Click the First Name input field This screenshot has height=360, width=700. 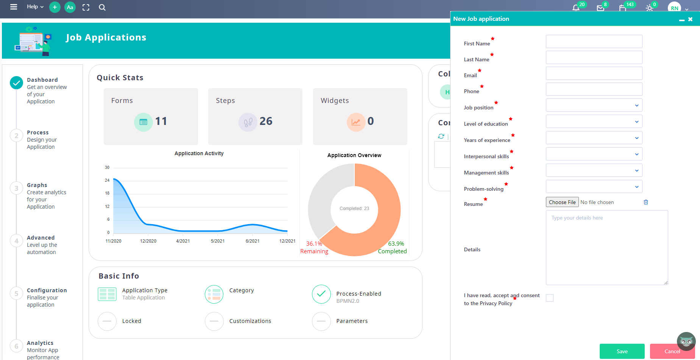pos(594,42)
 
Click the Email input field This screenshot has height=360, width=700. pos(594,73)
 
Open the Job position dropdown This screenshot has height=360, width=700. pos(594,105)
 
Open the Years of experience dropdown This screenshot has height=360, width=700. pos(594,138)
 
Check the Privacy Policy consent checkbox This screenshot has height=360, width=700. pos(550,298)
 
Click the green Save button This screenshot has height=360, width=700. pos(622,351)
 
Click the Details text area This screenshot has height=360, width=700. pos(606,248)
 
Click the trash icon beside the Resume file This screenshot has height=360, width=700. pos(646,202)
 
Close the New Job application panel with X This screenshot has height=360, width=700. pos(690,19)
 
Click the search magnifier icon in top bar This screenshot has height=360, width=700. pos(102,7)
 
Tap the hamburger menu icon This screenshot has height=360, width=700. pos(14,7)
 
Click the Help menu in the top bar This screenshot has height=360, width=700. pos(35,7)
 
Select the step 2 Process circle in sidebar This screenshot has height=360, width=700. pos(16,136)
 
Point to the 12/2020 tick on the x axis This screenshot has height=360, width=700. pos(148,241)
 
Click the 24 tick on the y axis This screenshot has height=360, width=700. pos(107,180)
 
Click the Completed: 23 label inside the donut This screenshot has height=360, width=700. pos(354,209)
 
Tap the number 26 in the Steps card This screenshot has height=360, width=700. pos(266,121)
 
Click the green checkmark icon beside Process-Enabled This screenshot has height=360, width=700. pos(321,294)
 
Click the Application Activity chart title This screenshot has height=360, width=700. pos(199,153)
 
